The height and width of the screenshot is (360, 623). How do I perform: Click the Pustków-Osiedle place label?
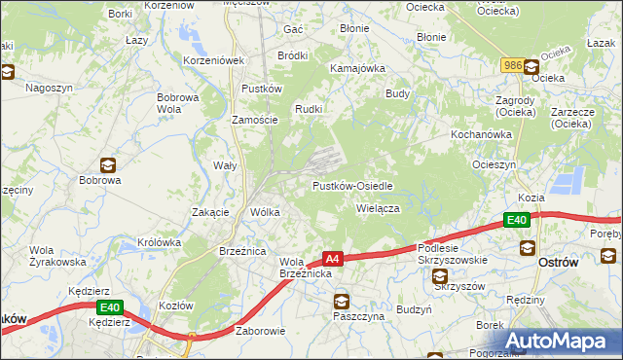coord(352,186)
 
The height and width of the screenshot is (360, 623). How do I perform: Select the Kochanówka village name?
coord(481,133)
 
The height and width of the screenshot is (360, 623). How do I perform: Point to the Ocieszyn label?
coord(494,164)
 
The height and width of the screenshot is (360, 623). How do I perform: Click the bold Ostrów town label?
coord(560,263)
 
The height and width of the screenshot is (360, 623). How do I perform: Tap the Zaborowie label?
coord(260,331)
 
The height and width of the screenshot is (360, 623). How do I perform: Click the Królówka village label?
coord(160,242)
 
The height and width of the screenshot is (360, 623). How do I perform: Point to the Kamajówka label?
coord(358,69)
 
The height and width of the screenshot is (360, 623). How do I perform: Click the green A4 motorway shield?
coord(333,259)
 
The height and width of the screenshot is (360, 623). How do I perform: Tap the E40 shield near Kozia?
coord(518,221)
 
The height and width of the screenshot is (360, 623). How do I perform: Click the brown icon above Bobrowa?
coord(107,164)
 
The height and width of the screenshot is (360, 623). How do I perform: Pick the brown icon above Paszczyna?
coord(341,301)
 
